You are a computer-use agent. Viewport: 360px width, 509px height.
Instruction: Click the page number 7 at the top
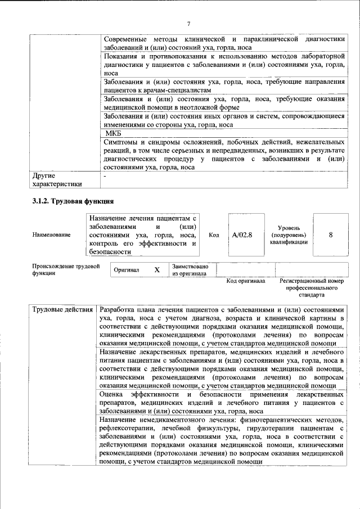pos(188,24)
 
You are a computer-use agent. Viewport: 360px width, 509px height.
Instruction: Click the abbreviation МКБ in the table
pos(114,134)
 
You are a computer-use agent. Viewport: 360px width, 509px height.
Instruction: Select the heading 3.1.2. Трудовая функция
pos(74,201)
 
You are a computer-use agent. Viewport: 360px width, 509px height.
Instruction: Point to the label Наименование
pos(52,235)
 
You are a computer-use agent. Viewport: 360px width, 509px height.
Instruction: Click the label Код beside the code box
pos(214,235)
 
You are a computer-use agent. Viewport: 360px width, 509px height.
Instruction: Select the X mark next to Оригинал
pos(157,270)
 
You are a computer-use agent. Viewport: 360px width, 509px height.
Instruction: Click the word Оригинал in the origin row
pos(127,270)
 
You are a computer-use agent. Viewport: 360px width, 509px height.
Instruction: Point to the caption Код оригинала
pos(245,281)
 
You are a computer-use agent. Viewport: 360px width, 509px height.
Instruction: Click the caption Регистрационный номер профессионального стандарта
pos(310,287)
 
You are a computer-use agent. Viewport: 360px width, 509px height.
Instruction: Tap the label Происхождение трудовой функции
pos(65,269)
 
